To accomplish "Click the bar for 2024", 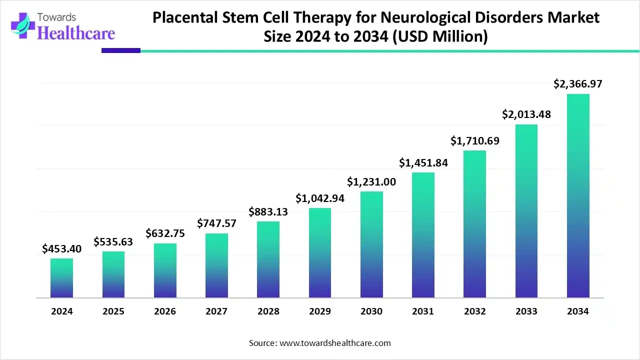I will point(61,278).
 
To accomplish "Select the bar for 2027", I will point(216,265).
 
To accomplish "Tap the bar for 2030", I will point(371,244).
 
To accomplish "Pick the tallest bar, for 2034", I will point(578,196).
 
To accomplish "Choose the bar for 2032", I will point(474,224).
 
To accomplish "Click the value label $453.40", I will point(61,249).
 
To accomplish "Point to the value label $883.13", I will point(268,212).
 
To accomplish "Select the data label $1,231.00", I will point(371,182).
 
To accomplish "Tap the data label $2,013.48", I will point(526,114).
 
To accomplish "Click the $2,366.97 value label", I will point(578,84).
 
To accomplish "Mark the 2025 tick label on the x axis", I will point(113,311).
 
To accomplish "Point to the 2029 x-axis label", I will point(320,311).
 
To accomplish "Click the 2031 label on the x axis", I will point(423,311).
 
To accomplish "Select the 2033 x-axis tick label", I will point(526,311).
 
